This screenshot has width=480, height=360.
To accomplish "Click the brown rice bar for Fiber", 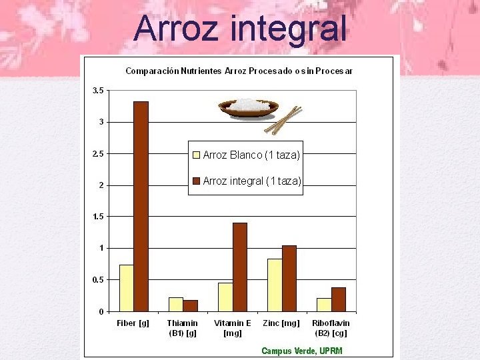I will click(x=141, y=206).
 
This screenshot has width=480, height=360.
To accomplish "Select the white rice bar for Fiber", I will click(x=126, y=288).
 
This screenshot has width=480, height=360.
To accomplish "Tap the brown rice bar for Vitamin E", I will click(x=239, y=267).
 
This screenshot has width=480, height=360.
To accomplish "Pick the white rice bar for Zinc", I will click(x=274, y=285).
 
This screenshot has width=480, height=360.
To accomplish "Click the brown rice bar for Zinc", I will click(x=289, y=278).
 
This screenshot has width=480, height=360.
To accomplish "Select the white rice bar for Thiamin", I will click(x=175, y=304).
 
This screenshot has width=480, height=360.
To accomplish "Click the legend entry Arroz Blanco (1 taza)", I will click(x=246, y=155).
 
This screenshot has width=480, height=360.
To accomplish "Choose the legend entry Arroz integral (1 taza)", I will click(x=246, y=181).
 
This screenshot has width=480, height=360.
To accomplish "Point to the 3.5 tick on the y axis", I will click(x=97, y=90).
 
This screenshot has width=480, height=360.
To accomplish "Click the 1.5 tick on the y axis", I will click(x=97, y=217).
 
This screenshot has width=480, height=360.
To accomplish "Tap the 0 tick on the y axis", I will click(x=101, y=311).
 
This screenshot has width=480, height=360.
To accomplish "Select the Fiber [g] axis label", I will click(x=133, y=323).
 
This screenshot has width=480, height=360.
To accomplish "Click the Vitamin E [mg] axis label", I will click(x=232, y=328).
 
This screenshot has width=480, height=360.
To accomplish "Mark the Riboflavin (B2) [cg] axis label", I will click(x=330, y=328).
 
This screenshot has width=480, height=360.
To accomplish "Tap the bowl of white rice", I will click(x=248, y=107).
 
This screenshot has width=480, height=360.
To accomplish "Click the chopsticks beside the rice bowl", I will click(x=283, y=120).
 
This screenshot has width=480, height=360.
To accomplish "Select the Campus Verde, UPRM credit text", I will click(x=301, y=351).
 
